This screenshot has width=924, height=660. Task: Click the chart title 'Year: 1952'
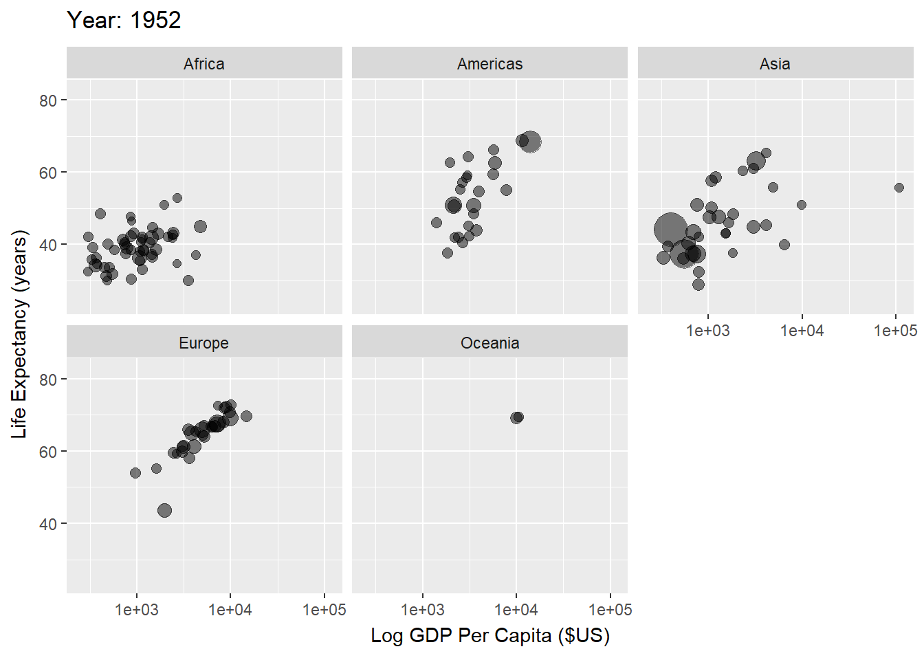click(x=124, y=20)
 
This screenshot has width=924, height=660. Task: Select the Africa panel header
click(x=204, y=63)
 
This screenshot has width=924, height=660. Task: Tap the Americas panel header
click(x=489, y=63)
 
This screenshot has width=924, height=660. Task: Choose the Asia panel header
click(x=775, y=63)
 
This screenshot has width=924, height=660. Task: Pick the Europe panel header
click(x=204, y=342)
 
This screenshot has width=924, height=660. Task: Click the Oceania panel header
click(x=489, y=342)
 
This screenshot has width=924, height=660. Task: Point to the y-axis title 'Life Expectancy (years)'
click(x=19, y=335)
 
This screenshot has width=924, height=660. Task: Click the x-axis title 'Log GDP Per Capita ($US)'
click(x=490, y=635)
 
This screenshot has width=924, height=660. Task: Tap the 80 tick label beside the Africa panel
click(x=48, y=100)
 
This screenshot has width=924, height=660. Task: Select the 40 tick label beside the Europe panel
click(x=48, y=524)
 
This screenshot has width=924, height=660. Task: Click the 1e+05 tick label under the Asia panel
click(x=896, y=331)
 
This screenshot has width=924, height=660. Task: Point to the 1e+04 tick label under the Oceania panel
click(x=516, y=609)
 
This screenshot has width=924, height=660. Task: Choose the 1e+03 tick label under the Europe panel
click(x=137, y=609)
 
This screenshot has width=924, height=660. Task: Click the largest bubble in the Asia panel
click(x=671, y=230)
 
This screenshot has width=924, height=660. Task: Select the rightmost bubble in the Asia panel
click(x=899, y=188)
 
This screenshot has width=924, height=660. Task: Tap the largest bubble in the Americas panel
click(x=531, y=142)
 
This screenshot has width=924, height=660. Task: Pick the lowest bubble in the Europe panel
click(x=164, y=510)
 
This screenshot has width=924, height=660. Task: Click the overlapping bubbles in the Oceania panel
click(x=517, y=417)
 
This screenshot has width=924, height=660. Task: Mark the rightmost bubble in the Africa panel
click(x=200, y=226)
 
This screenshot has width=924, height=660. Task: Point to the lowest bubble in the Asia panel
click(x=698, y=284)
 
